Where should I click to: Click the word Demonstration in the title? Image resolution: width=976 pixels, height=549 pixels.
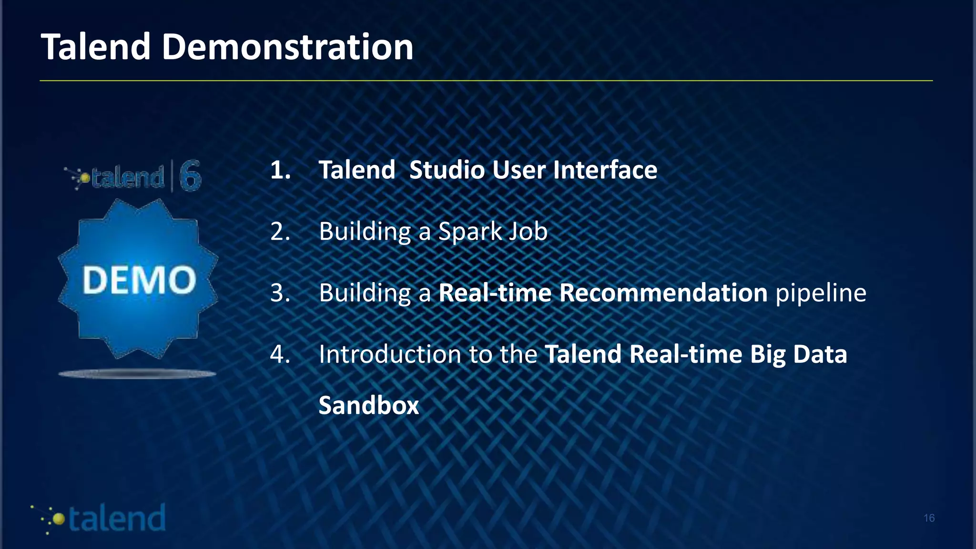(x=287, y=47)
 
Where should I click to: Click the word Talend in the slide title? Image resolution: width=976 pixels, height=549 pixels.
(x=96, y=47)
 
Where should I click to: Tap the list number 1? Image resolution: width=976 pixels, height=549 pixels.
(x=280, y=170)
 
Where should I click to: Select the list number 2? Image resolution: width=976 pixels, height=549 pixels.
(x=280, y=232)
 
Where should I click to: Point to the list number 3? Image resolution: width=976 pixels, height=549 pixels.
(x=280, y=293)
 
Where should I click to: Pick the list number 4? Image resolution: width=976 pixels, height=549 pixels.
(x=280, y=354)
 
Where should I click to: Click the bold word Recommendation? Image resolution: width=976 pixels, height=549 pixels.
(x=663, y=293)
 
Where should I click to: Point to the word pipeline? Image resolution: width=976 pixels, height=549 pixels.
(x=821, y=294)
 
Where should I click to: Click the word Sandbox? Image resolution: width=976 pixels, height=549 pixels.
(x=368, y=406)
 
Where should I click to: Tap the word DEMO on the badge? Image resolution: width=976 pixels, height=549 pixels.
(x=139, y=280)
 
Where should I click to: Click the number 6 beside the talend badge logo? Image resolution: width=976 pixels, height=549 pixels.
(x=190, y=176)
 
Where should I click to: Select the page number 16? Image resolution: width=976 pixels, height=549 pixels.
(x=929, y=518)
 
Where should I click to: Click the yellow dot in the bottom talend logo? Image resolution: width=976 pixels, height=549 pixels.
(x=59, y=519)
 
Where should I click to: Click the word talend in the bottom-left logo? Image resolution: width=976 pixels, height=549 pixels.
(x=117, y=518)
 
